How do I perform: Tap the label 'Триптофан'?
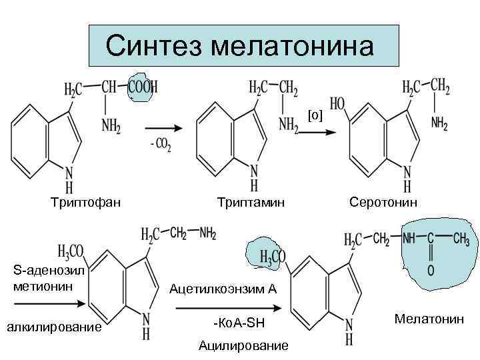(x=86, y=201)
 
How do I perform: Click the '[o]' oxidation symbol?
(x=315, y=116)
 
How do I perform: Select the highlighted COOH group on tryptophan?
(x=143, y=87)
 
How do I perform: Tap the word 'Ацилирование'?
(x=244, y=346)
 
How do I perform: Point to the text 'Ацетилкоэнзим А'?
(x=223, y=289)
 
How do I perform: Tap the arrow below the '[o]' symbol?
(x=315, y=131)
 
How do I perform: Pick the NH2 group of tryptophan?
(x=112, y=124)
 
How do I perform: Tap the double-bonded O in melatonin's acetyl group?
(x=431, y=271)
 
